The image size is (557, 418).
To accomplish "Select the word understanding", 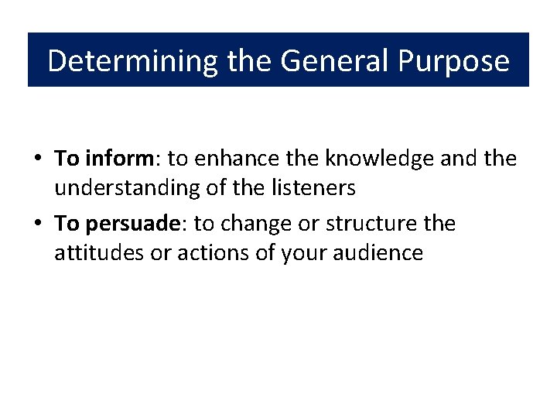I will tap(122, 187).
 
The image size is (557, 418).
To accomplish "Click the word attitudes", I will tap(99, 252).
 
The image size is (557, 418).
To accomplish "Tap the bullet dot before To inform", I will tap(37, 159).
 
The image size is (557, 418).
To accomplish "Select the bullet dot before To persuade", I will tap(37, 224).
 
